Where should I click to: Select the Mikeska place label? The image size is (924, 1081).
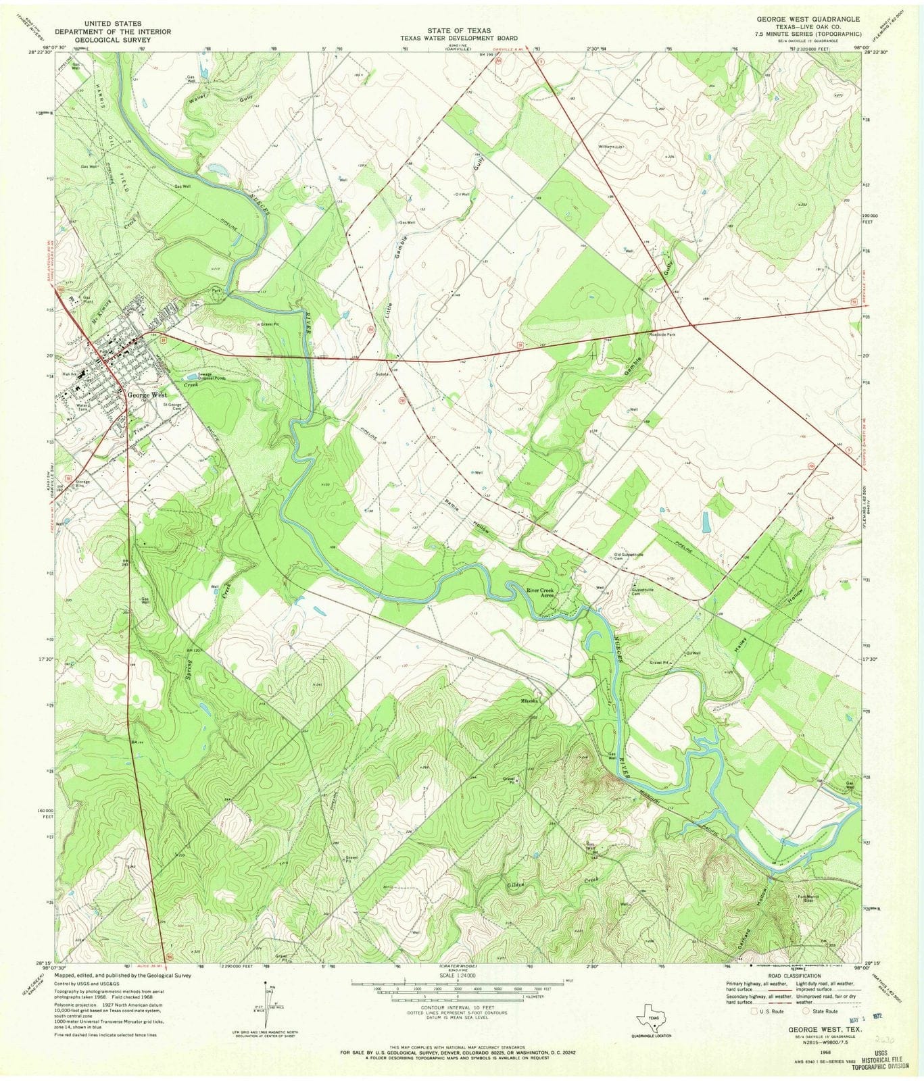(529, 701)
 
